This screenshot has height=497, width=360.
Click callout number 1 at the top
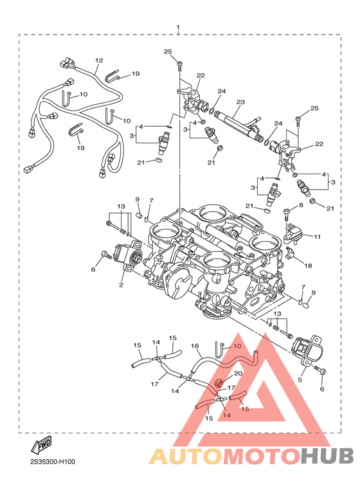(x=178, y=28)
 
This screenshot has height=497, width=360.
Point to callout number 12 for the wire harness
(x=99, y=60)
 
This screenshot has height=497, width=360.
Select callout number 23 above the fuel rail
(x=241, y=102)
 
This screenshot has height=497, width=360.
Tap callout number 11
(x=317, y=237)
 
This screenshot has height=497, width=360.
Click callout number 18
(x=308, y=266)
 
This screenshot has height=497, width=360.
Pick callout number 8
(x=301, y=205)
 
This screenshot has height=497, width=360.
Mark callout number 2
(x=121, y=285)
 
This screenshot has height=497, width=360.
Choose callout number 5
(x=300, y=379)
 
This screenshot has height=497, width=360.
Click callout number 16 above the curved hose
(x=195, y=346)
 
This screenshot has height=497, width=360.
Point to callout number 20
(x=238, y=374)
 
